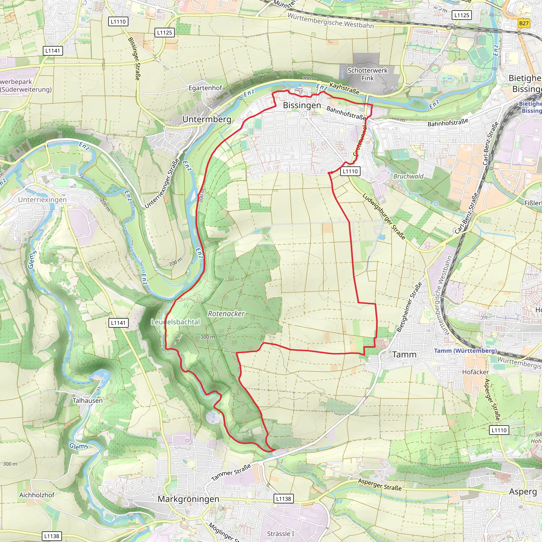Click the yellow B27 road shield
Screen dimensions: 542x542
click(523, 23)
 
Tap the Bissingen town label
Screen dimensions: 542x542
click(302, 106)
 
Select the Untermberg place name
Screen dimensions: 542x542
click(207, 119)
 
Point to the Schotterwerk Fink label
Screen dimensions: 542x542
click(367, 74)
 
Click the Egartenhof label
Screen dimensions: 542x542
click(205, 88)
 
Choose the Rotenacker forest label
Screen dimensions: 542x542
click(226, 314)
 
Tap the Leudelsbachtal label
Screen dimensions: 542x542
click(176, 322)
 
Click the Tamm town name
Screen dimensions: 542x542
click(404, 355)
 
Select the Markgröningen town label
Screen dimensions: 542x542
click(188, 499)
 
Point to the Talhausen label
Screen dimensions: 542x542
click(88, 401)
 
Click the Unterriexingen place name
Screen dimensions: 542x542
click(42, 200)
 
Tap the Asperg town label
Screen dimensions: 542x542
click(523, 492)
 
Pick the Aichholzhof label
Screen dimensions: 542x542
click(37, 495)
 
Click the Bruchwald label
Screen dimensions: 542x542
click(408, 176)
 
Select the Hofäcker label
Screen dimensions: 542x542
click(476, 372)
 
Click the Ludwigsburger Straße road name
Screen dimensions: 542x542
click(384, 216)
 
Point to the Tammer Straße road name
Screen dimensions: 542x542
click(231, 472)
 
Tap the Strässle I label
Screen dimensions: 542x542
click(281, 534)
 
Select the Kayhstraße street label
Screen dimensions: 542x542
click(344, 88)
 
